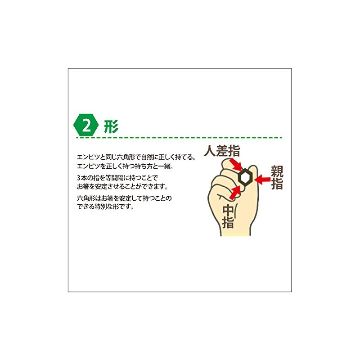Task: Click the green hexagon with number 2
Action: click(85, 125)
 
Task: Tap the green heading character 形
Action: click(111, 126)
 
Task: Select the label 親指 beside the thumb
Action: click(276, 177)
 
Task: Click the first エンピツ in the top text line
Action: click(87, 157)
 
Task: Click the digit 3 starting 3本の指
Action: click(79, 178)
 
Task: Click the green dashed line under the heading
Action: click(180, 138)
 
